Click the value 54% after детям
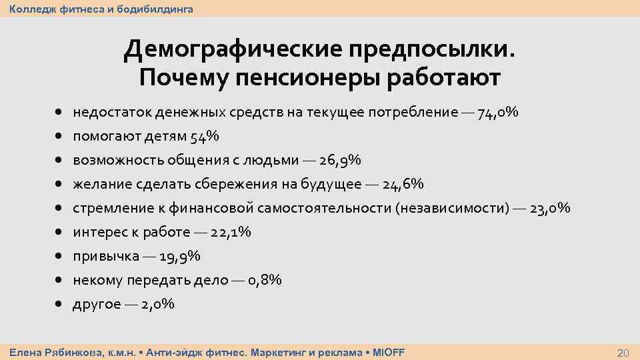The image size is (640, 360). pos(205,136)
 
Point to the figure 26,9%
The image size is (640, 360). pos(340,160)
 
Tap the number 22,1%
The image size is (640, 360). pos(231,232)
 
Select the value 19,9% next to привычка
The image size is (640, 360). pos(180,256)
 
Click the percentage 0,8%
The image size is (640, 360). pos(265,280)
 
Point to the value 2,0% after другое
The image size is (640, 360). pos(158,304)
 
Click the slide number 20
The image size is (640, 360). pos(624,352)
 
